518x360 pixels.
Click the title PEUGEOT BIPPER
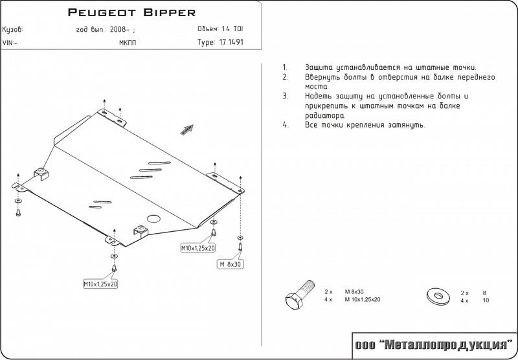tap(132, 12)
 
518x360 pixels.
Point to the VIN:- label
tap(10, 43)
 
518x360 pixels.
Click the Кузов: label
tap(13, 30)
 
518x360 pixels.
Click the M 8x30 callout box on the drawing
tap(230, 264)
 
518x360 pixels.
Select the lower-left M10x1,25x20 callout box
tap(100, 284)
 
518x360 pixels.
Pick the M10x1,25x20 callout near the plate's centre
tap(198, 248)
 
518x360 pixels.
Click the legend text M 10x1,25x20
tap(362, 300)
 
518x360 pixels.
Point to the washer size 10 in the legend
tap(486, 300)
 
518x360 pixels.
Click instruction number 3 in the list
tap(285, 96)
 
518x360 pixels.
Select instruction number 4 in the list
tap(285, 125)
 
